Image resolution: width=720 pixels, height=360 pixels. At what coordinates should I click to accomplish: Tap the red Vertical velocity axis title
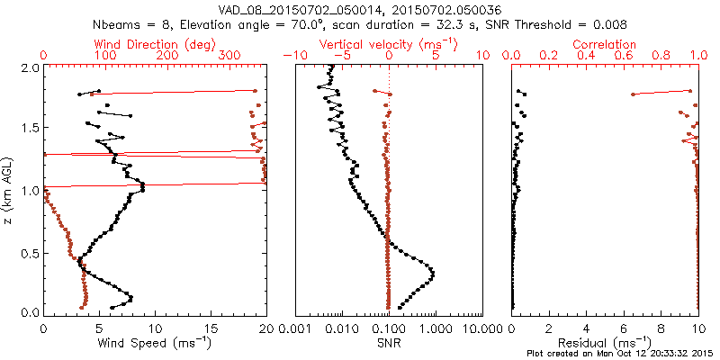[388, 44]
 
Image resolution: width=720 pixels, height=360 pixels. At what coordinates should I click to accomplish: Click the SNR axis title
[389, 342]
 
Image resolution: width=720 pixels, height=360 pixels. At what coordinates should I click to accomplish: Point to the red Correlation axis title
[606, 44]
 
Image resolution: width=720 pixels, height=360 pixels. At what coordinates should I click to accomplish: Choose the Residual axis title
[605, 342]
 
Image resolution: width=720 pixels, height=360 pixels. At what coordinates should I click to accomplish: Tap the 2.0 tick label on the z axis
[29, 67]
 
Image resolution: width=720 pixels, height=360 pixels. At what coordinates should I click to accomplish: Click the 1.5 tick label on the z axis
[29, 129]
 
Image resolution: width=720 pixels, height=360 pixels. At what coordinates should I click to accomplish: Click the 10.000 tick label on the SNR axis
[482, 328]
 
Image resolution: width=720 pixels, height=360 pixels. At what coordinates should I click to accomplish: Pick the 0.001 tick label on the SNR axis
[295, 328]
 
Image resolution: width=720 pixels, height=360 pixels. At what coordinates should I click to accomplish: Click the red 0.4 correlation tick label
[586, 56]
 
